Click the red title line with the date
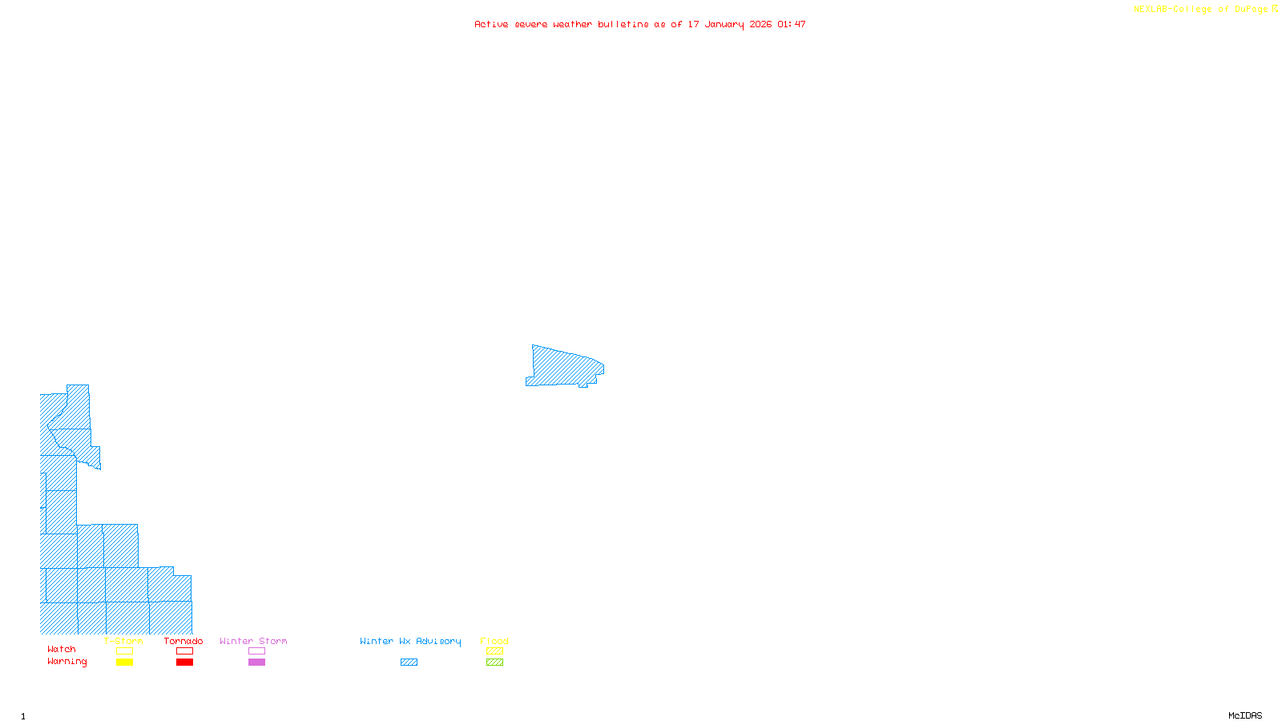pos(639,24)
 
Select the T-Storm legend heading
pos(123,641)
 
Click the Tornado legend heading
pos(183,641)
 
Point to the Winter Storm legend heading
pos(253,641)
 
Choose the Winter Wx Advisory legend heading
pos(410,641)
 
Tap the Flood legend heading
pos(494,641)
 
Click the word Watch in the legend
pos(62,649)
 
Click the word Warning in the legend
pos(67,662)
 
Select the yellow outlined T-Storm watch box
pos(124,651)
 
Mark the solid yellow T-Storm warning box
pos(124,663)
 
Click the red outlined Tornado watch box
pos(184,651)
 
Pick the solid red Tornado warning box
pos(184,663)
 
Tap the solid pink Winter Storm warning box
pos(256,663)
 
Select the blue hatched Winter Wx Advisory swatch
pos(409,663)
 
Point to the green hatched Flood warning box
pos(494,663)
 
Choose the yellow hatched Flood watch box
pos(494,651)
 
